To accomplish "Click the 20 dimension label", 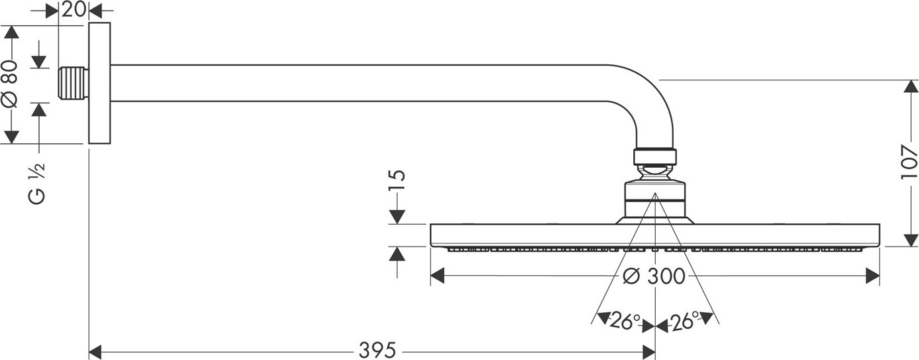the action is pos(74,9).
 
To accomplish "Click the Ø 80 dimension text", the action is pos(10,84).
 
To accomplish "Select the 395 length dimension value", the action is pos(377,351).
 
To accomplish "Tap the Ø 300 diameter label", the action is pos(654,276).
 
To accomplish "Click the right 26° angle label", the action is pos(684,321).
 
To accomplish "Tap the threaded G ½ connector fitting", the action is pos(74,84).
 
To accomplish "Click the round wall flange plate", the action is pos(99,84).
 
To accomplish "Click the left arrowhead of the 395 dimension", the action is pos(95,352).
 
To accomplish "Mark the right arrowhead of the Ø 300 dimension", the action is pos(873,276).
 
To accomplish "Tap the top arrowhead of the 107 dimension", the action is pos(911,86).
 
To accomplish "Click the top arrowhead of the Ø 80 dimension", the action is pos(11,32).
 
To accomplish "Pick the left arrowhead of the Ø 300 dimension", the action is pos(438,276).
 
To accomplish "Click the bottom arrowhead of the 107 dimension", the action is pos(911,240).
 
